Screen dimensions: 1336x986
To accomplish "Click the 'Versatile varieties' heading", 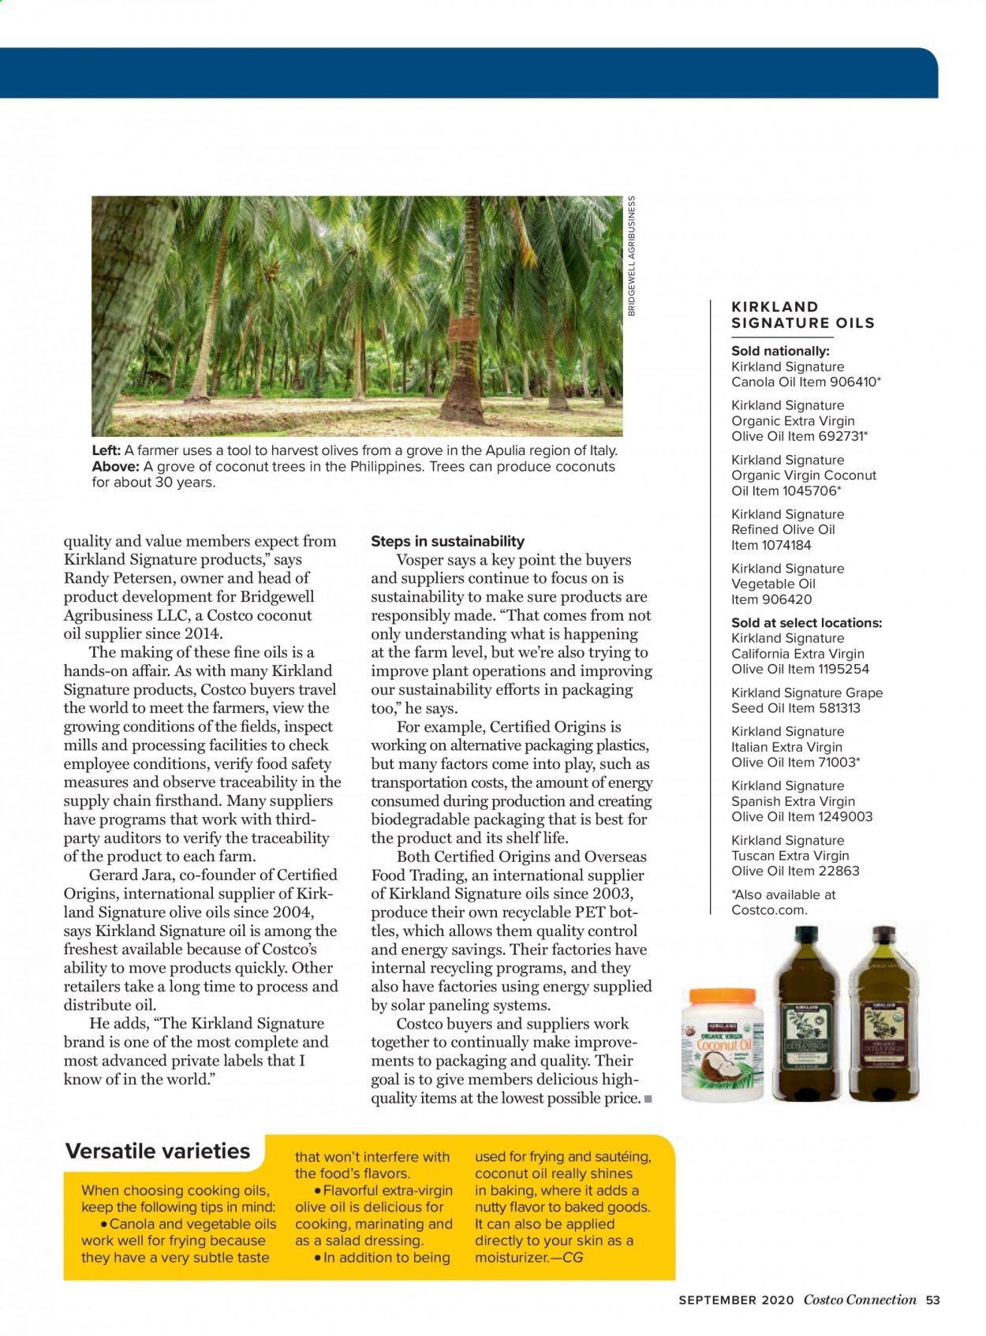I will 158,1151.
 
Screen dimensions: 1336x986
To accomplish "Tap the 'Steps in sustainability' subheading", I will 447,541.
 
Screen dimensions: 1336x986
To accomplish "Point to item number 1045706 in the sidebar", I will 809,491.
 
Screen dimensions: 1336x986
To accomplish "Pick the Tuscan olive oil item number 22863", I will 839,871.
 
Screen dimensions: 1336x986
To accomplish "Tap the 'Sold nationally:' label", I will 780,351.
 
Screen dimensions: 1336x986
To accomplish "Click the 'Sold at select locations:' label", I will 806,623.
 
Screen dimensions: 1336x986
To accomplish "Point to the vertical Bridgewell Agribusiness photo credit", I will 631,256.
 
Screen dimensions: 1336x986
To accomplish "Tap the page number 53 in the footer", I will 933,1301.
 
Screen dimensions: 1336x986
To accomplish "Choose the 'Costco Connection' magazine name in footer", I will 860,1301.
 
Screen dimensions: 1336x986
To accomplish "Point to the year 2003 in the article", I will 614,894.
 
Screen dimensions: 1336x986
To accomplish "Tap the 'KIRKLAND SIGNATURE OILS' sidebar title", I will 803,315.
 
